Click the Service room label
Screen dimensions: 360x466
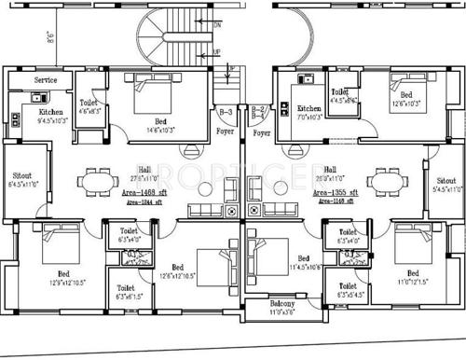(46, 80)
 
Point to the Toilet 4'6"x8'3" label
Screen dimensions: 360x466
(89, 106)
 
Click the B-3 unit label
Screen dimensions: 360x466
(225, 112)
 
